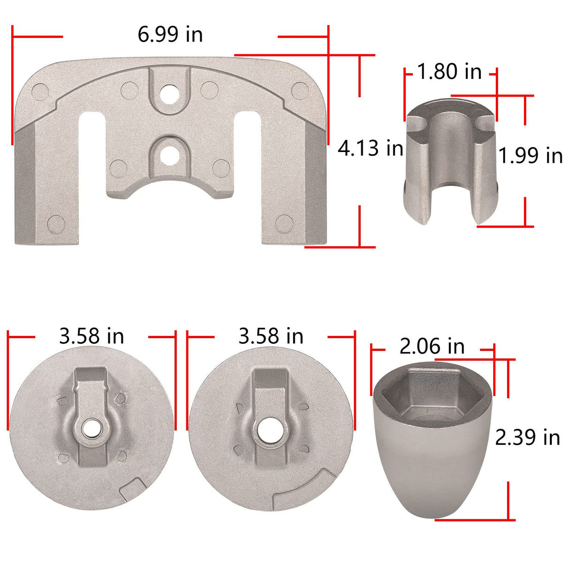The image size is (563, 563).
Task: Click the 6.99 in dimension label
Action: pyautogui.click(x=170, y=34)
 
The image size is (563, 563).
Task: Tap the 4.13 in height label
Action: pyautogui.click(x=370, y=148)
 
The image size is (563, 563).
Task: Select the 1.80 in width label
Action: pyautogui.click(x=449, y=71)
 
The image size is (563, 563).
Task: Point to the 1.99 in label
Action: pyautogui.click(x=530, y=155)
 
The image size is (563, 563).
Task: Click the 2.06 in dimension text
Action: pyautogui.click(x=432, y=347)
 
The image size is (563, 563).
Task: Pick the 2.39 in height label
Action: pyautogui.click(x=527, y=438)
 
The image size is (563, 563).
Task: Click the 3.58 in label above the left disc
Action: pyautogui.click(x=91, y=336)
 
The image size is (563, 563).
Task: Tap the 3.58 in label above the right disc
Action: pyautogui.click(x=271, y=336)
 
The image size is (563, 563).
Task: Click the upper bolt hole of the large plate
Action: pyautogui.click(x=169, y=94)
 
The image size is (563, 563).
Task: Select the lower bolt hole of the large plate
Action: pyautogui.click(x=169, y=156)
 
